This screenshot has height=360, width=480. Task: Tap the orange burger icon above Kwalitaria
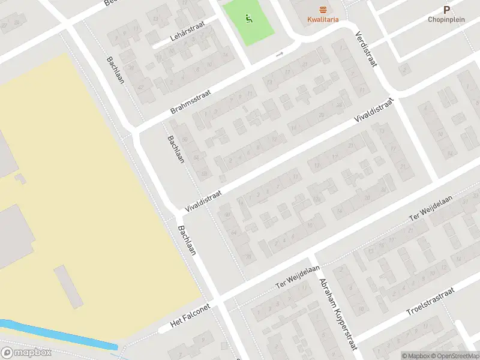[323, 9]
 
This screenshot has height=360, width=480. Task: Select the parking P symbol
[446, 10]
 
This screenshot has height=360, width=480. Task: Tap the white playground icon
[248, 19]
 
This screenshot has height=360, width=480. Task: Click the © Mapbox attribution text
[416, 355]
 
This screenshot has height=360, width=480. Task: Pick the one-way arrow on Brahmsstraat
[279, 55]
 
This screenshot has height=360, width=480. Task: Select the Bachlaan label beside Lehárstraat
[115, 70]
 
